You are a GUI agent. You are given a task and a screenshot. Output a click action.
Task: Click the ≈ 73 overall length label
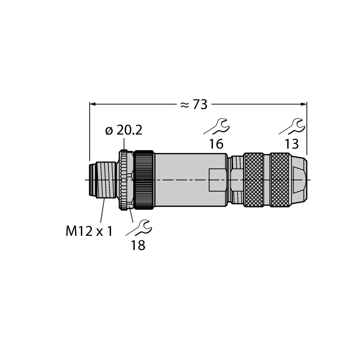coord(194,105)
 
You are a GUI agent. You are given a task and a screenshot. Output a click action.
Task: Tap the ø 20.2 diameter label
coord(124,130)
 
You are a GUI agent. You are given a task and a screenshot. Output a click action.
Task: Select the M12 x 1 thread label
coord(89,231)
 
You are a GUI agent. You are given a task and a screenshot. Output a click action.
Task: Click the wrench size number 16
coord(216,144)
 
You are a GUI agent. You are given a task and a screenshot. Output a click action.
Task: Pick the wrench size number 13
coord(292,144)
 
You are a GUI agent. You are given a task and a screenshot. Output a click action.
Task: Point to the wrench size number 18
coord(138,245)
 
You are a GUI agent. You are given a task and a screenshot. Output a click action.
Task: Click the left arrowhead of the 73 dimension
coord(92,104)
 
